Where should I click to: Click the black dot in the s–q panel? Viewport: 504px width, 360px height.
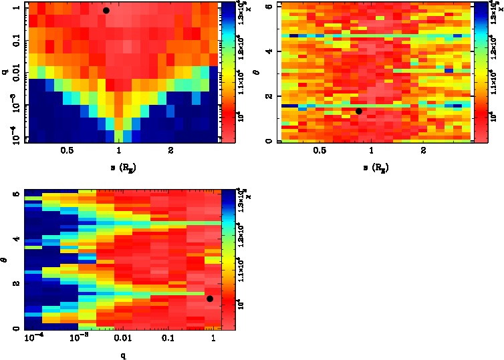pyautogui.click(x=106, y=11)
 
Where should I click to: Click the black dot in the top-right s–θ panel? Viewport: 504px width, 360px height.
pyautogui.click(x=359, y=111)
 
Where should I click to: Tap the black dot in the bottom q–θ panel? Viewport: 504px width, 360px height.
pyautogui.click(x=210, y=299)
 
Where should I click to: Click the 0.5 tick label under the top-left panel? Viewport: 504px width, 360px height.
pyautogui.click(x=67, y=151)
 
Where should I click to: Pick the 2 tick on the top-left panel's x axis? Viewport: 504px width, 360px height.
pyautogui.click(x=172, y=151)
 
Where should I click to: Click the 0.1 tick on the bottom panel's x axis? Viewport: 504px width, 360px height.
pyautogui.click(x=167, y=339)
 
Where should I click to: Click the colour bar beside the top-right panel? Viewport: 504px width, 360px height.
pyautogui.click(x=480, y=71)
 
